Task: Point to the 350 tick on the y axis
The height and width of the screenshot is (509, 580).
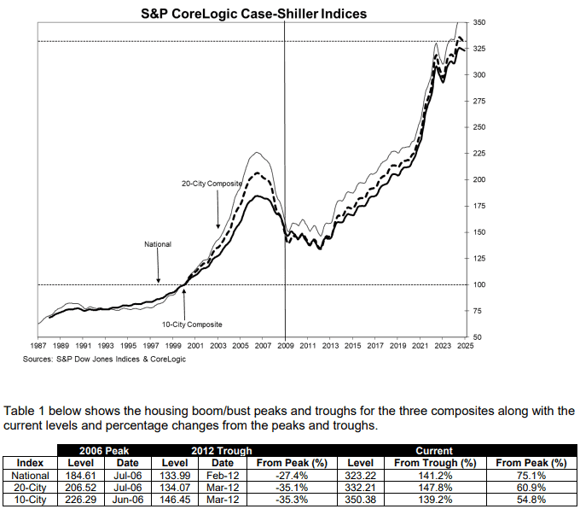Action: pyautogui.click(x=478, y=21)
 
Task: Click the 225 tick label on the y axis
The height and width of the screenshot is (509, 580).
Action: pyautogui.click(x=478, y=154)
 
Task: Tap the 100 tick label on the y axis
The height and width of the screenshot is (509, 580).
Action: pyautogui.click(x=478, y=284)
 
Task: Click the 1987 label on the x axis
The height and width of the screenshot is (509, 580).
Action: pyautogui.click(x=38, y=347)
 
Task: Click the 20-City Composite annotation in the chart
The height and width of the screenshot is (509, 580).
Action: pyautogui.click(x=212, y=184)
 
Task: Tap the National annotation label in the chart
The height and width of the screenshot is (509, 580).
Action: pyautogui.click(x=157, y=244)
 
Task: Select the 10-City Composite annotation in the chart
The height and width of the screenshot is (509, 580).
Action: pyautogui.click(x=193, y=325)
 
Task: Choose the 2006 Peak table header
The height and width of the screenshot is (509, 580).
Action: pyautogui.click(x=97, y=450)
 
